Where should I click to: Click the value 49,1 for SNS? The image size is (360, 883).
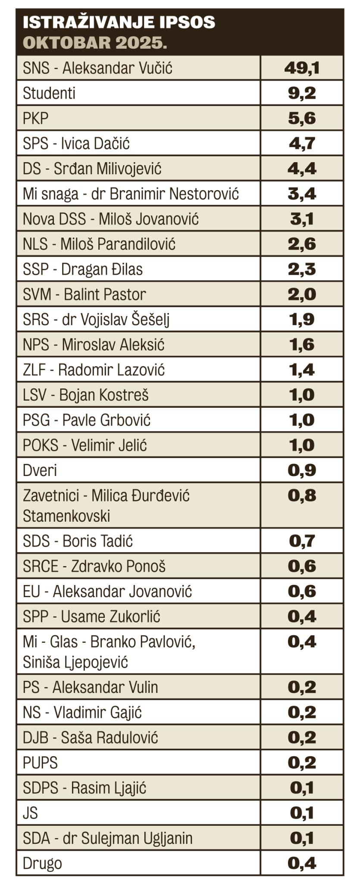point(302,68)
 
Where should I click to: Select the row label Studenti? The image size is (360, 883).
point(49,93)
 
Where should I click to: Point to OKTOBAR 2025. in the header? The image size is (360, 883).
point(94,43)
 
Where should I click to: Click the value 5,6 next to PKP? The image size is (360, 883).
point(302,118)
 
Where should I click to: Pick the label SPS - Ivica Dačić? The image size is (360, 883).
point(76,144)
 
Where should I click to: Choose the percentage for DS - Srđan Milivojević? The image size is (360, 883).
point(302,169)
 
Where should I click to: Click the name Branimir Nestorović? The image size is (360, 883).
point(174,194)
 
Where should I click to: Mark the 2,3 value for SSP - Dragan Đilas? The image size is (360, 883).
point(302,269)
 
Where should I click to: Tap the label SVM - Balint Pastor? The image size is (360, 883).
point(84,294)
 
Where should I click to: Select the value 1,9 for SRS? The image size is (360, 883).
point(302,319)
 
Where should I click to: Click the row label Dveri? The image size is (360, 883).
point(40,470)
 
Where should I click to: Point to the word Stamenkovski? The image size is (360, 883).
point(66,516)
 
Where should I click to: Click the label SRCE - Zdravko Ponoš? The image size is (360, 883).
point(94,566)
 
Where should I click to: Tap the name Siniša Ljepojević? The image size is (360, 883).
point(75,662)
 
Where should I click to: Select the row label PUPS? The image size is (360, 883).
point(40,763)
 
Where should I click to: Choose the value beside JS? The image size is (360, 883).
point(302,813)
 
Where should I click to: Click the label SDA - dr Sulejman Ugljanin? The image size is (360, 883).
point(107,838)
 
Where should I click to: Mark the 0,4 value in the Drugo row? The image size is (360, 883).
point(302,863)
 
